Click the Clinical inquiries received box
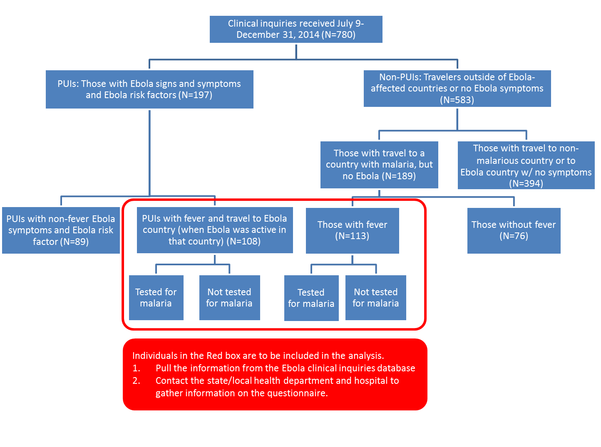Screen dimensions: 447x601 click(x=296, y=29)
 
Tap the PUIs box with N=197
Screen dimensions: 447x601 click(x=149, y=89)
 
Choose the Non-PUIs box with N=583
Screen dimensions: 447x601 click(x=457, y=89)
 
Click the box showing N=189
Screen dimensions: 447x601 click(x=379, y=165)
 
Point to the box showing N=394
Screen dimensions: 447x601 click(x=526, y=165)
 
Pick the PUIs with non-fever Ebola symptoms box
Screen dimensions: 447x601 click(x=61, y=230)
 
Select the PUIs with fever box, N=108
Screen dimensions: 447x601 click(x=215, y=230)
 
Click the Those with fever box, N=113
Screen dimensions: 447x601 click(x=352, y=230)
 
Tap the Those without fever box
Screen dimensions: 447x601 click(x=514, y=230)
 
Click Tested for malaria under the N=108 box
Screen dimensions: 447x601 click(x=156, y=298)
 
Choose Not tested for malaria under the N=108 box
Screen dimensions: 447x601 click(x=229, y=298)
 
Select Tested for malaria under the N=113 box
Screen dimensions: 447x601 click(x=311, y=298)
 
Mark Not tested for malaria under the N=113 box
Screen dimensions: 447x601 click(x=376, y=298)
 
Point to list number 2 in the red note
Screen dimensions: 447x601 click(x=137, y=381)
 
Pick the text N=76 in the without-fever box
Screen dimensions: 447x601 click(x=514, y=236)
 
